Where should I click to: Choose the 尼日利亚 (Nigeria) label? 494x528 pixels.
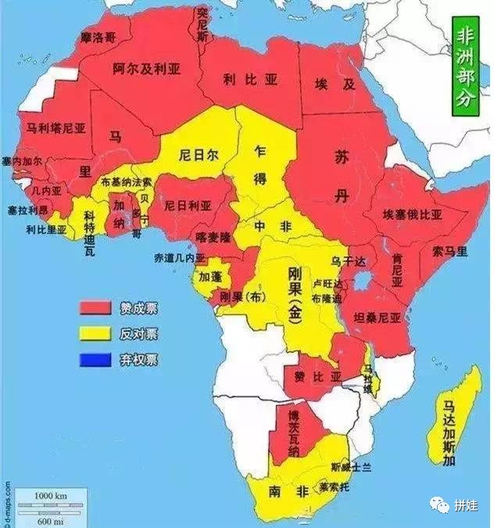pyautogui.click(x=187, y=206)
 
